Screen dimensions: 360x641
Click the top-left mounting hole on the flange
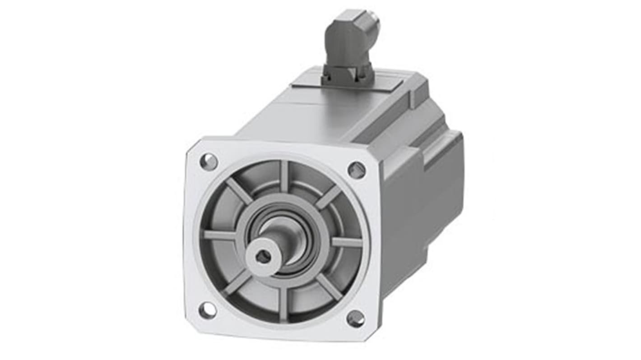(209, 162)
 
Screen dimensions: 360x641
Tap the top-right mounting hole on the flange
(356, 170)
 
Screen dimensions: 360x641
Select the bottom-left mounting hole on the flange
(207, 310)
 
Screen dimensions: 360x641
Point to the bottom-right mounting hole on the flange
(355, 318)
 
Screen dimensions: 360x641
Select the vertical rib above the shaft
(284, 176)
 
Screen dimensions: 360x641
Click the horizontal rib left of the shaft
(220, 235)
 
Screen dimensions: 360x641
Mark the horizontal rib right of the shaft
(346, 242)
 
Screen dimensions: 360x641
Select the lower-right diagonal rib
(329, 287)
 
